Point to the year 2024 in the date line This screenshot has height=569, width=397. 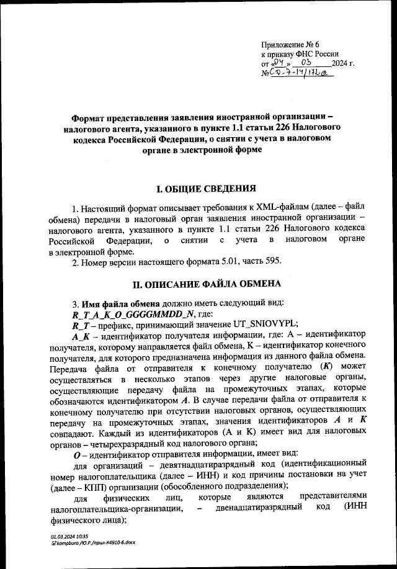pos(341,63)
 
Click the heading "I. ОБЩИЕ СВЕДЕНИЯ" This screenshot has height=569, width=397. pos(198,189)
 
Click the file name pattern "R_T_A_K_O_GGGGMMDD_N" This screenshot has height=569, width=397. pos(118,313)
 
